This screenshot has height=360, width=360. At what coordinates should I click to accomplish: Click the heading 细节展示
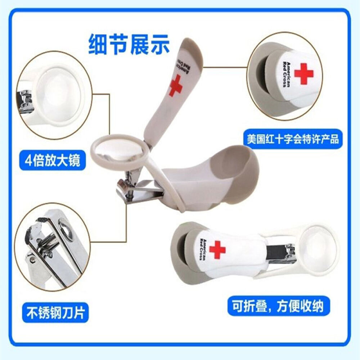pos(129,44)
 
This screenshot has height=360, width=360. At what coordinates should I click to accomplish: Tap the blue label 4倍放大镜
pos(53,161)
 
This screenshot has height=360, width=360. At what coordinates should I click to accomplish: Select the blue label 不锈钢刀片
pos(55,312)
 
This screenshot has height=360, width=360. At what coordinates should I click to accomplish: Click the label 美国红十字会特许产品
pos(293,139)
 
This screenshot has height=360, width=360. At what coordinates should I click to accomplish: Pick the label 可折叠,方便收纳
pos(279,306)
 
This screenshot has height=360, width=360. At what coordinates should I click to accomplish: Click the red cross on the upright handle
pos(176,86)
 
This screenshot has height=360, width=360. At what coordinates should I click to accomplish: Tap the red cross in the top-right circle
pos(303,73)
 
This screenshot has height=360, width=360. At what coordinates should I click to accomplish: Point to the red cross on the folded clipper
pos(217,249)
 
